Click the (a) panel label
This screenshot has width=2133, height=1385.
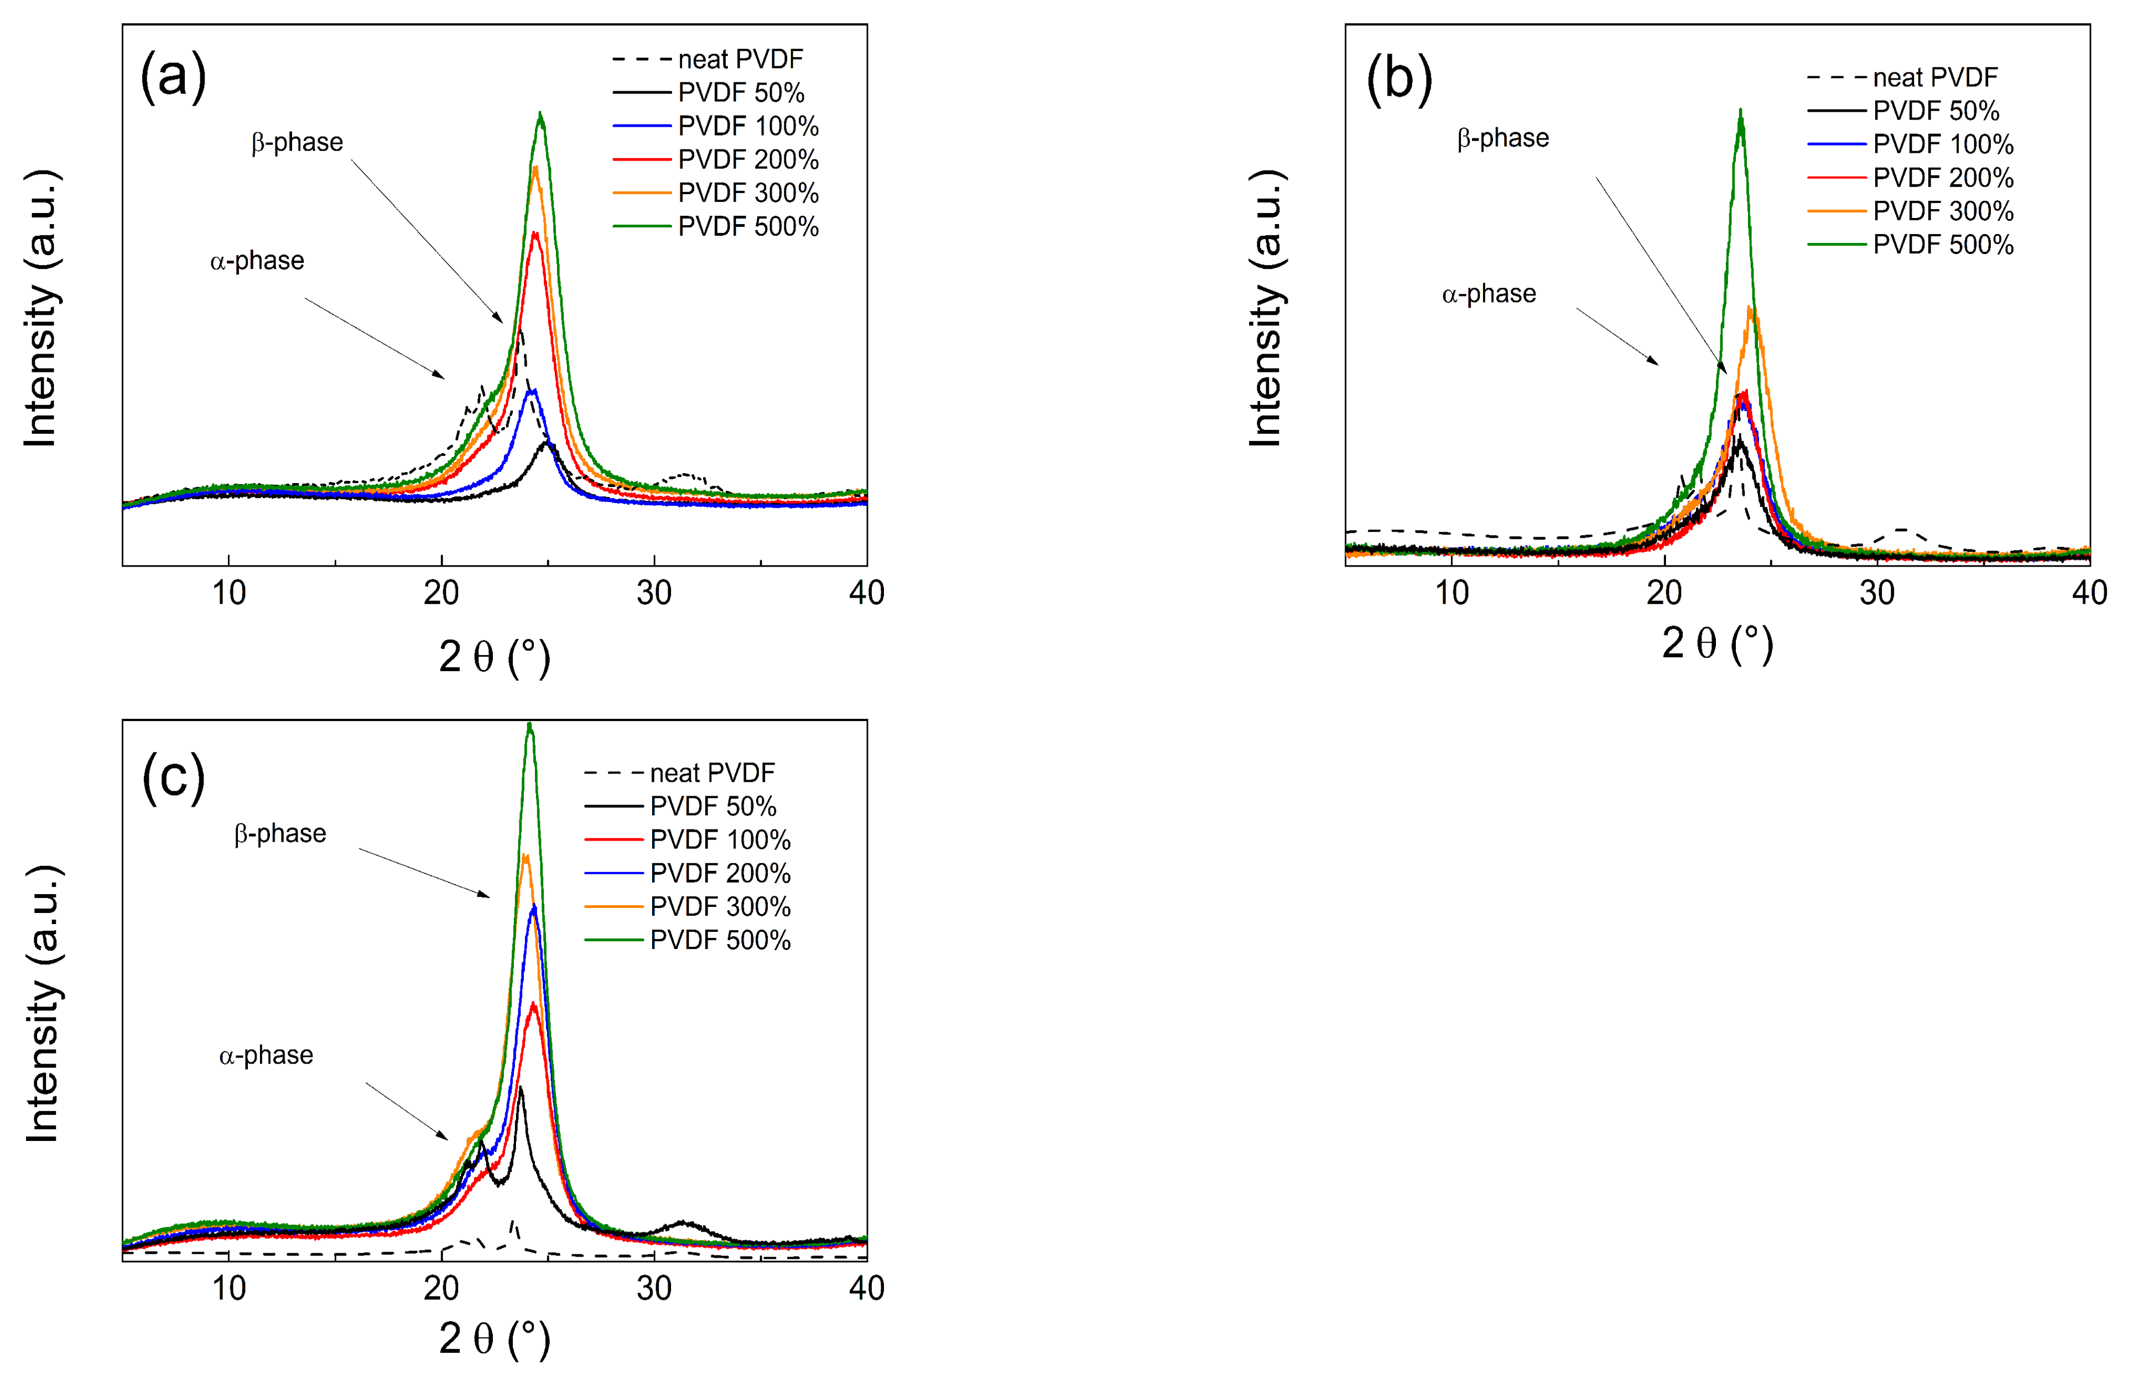click(x=173, y=76)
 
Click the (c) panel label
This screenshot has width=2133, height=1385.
click(x=173, y=777)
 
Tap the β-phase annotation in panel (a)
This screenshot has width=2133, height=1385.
click(x=296, y=143)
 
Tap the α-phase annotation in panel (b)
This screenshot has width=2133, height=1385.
click(x=1489, y=294)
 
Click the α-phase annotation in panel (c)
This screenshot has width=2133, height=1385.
click(x=266, y=1055)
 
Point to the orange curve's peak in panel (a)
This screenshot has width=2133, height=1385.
click(x=535, y=169)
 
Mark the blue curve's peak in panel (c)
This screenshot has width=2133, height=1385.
click(x=534, y=907)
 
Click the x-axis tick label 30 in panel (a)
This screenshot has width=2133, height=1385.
click(x=654, y=593)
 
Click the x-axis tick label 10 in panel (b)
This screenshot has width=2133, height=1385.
click(x=1452, y=593)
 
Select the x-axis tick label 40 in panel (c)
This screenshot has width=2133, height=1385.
click(x=866, y=1288)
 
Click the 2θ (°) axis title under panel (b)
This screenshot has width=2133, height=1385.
click(x=1717, y=644)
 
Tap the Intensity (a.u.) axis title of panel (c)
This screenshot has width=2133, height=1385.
click(x=42, y=1004)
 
